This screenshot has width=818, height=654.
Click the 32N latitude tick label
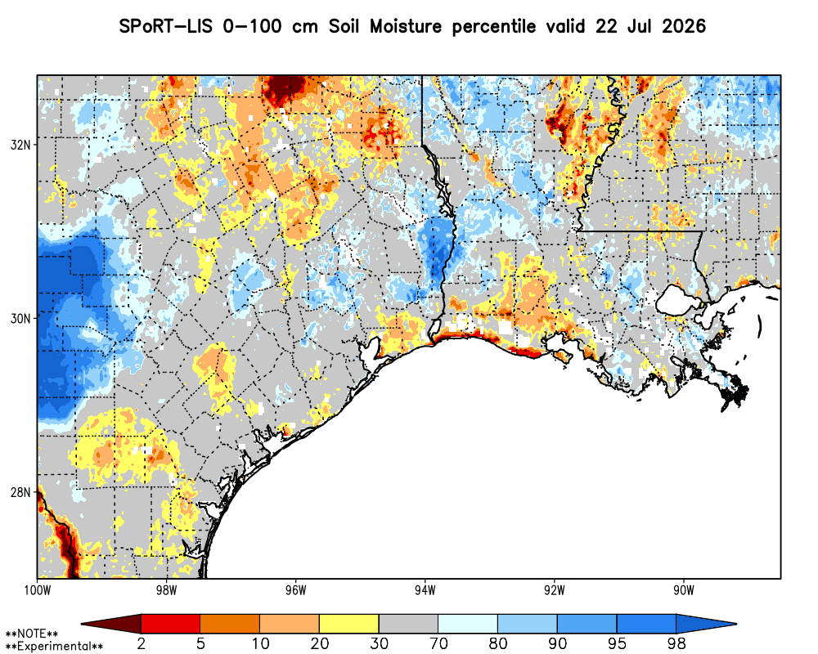[x=20, y=145]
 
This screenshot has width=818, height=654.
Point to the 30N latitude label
[x=20, y=318]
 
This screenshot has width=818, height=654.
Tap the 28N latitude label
[x=20, y=492]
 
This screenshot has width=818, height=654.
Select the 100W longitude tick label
[x=38, y=590]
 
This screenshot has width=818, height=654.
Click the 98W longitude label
[x=166, y=590]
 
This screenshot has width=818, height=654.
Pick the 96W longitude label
[x=296, y=590]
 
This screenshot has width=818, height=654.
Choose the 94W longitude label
[x=425, y=590]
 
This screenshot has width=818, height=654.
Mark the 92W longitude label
[x=555, y=590]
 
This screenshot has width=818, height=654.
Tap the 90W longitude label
[x=684, y=590]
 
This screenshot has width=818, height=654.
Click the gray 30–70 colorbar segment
[x=408, y=624]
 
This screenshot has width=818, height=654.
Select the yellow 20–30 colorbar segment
[x=349, y=624]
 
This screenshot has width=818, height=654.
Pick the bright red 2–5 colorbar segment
[x=171, y=624]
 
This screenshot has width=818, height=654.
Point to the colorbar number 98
[x=676, y=643]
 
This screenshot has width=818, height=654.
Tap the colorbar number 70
[x=438, y=643]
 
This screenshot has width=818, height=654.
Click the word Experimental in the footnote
[x=54, y=647]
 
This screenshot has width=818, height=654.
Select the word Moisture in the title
[x=406, y=26]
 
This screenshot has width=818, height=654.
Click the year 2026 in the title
[x=684, y=26]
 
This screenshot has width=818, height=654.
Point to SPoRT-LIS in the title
[x=166, y=26]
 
